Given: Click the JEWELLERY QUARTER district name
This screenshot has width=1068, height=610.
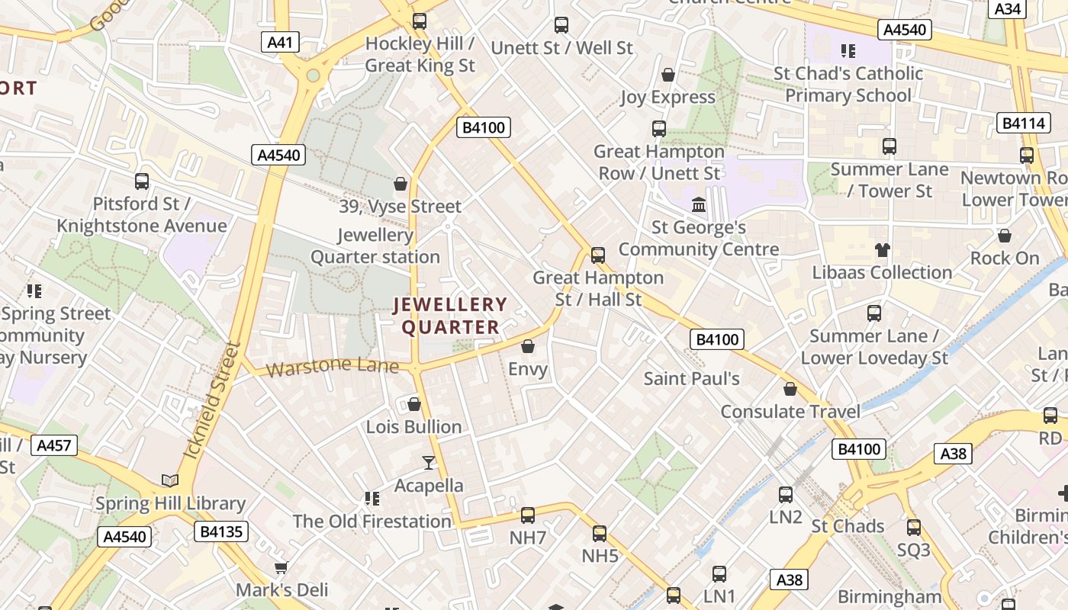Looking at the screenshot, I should tap(450, 316).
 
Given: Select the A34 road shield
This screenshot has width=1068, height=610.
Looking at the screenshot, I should tap(1008, 8).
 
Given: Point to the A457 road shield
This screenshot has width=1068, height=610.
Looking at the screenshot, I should tap(54, 445).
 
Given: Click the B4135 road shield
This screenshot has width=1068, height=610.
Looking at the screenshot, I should tap(220, 531).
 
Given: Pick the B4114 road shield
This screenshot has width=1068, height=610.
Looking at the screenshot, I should tap(1023, 124).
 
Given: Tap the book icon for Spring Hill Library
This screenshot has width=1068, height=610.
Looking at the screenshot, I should tap(170, 480).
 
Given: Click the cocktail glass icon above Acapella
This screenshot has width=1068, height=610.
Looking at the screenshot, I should tap(429, 463).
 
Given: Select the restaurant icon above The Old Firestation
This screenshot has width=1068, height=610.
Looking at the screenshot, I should tap(372, 499).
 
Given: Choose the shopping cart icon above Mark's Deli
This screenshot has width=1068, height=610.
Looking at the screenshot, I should tap(281, 567).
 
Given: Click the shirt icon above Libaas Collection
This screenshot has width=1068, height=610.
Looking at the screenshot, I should tap(883, 249).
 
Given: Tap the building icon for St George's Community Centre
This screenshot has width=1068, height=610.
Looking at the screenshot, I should tap(699, 204).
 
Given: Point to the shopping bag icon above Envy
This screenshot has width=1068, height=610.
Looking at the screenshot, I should tap(528, 346).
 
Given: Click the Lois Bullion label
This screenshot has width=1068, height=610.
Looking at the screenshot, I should tap(414, 426).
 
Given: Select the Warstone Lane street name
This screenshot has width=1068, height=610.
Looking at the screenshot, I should tap(333, 367).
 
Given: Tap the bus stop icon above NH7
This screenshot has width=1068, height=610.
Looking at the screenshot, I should tap(528, 515).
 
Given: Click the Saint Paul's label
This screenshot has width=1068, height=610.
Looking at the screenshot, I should tap(692, 378).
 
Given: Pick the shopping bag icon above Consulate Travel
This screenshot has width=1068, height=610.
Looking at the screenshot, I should tap(790, 389).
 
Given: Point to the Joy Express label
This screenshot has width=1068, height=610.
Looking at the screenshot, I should tap(668, 97).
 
